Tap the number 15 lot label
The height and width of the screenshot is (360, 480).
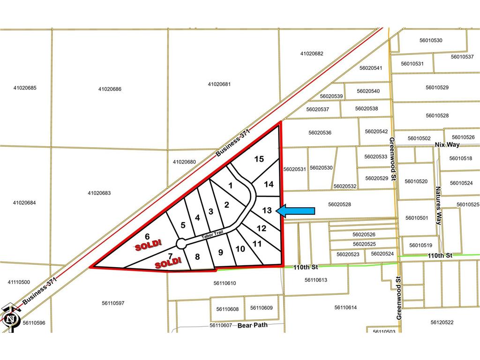click(x=259, y=159)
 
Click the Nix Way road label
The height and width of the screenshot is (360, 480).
click(x=447, y=144)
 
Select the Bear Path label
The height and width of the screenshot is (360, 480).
click(x=253, y=325)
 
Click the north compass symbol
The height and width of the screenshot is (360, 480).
click(x=9, y=319)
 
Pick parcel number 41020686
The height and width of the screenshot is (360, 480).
click(x=110, y=89)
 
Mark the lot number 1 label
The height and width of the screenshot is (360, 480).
click(x=230, y=185)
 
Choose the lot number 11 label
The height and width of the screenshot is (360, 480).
click(x=257, y=243)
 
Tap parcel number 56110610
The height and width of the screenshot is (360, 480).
click(x=225, y=283)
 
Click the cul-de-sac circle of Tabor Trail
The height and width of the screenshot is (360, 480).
click(x=181, y=243)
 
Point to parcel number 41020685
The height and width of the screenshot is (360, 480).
click(x=25, y=88)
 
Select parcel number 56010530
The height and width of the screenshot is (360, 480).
click(x=431, y=40)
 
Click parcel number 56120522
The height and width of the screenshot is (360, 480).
click(x=442, y=322)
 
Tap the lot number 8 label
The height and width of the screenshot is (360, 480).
click(x=197, y=256)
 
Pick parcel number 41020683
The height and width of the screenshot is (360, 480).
click(x=99, y=193)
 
